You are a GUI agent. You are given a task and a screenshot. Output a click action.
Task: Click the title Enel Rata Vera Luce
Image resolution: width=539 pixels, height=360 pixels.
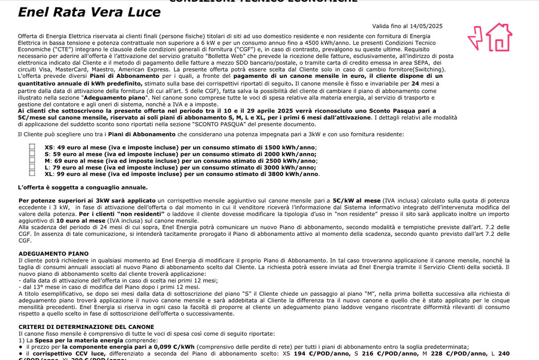pyautogui.click(x=89, y=12)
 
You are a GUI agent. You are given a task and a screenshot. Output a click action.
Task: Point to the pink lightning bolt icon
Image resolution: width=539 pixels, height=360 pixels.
pyautogui.click(x=475, y=38)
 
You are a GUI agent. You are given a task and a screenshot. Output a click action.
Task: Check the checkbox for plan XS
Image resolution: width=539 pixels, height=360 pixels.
pyautogui.click(x=32, y=147)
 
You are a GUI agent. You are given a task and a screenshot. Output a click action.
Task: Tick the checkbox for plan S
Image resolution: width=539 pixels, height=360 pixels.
pyautogui.click(x=32, y=153)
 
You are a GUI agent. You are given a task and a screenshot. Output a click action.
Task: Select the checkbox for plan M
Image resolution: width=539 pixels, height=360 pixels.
pyautogui.click(x=32, y=160)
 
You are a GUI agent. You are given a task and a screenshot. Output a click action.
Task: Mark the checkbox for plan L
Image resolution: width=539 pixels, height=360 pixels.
pyautogui.click(x=32, y=166)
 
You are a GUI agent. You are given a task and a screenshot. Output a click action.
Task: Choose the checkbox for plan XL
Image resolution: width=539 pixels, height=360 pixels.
pyautogui.click(x=32, y=173)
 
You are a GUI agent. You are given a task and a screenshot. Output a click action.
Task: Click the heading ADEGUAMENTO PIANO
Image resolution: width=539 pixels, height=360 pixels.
pyautogui.click(x=53, y=254)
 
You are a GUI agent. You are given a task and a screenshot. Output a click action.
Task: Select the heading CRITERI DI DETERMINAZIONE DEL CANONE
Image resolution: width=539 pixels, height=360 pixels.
pyautogui.click(x=86, y=327)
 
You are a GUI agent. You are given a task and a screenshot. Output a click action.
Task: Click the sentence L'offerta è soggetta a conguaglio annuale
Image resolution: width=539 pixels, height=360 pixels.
pyautogui.click(x=83, y=187)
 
